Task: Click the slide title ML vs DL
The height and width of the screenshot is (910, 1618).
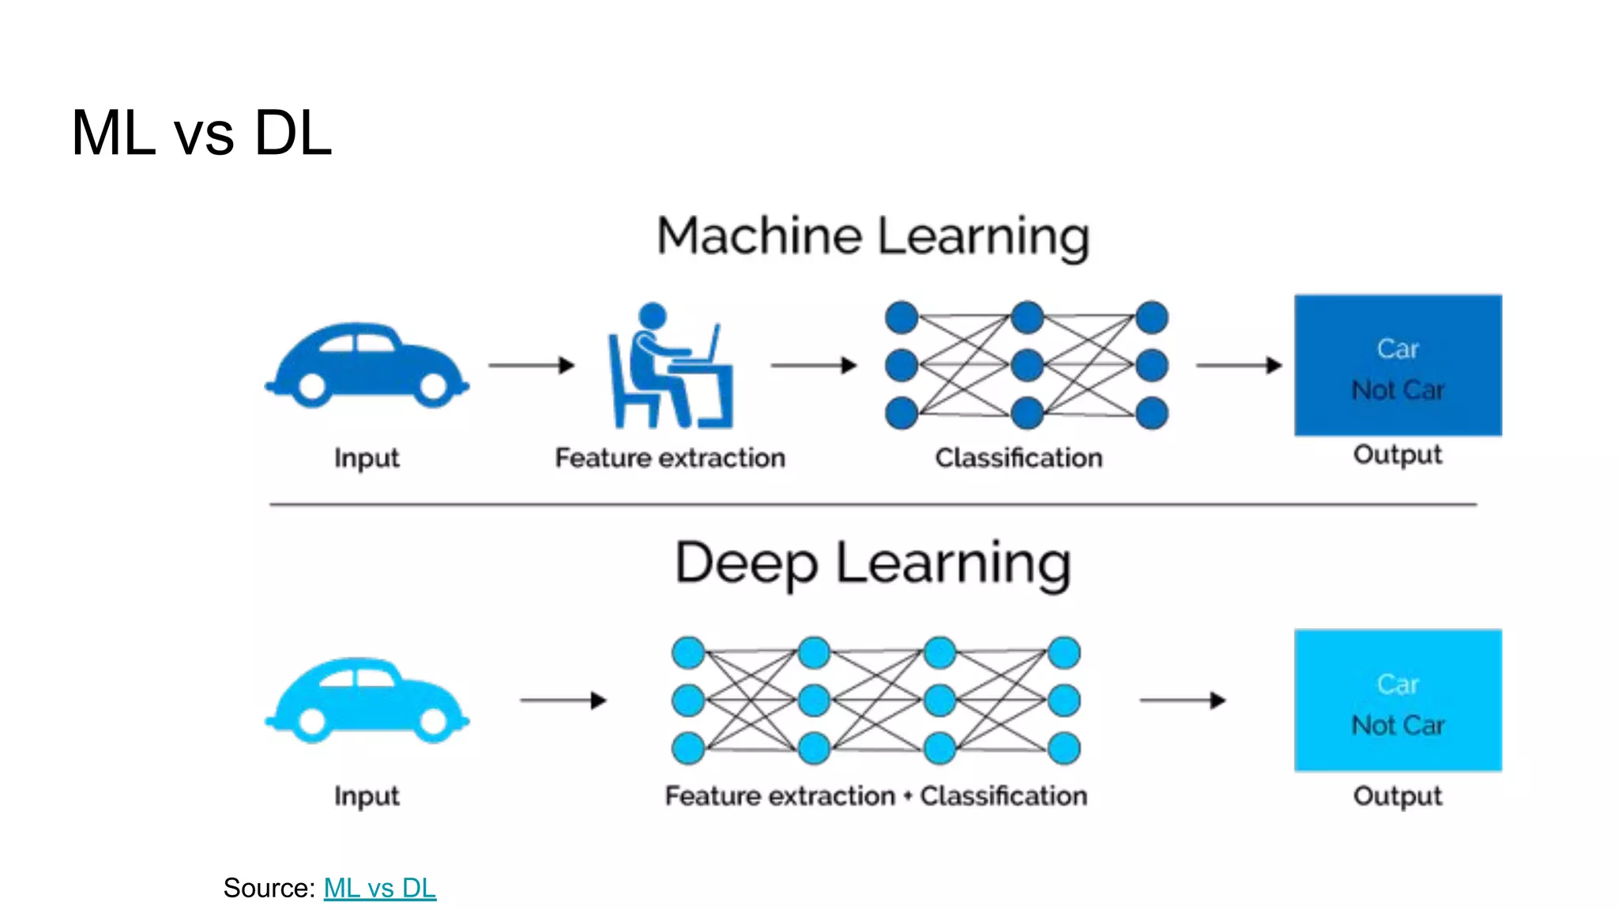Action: tap(201, 133)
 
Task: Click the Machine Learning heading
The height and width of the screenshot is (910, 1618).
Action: tap(873, 236)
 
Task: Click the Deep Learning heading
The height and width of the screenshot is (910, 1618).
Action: tap(873, 563)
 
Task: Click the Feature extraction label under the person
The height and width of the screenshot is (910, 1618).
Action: tap(670, 458)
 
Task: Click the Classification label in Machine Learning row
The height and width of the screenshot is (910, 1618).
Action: tap(1018, 458)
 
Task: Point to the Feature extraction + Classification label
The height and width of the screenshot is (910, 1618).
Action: tap(875, 796)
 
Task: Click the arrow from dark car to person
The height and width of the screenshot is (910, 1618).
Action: tap(531, 365)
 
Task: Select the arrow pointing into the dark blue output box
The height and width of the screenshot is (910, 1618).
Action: tap(1239, 365)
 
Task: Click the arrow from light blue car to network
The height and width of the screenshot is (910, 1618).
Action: tap(563, 700)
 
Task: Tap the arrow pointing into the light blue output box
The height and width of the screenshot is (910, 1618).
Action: tap(1183, 700)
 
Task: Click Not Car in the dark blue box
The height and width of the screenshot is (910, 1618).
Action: tap(1398, 390)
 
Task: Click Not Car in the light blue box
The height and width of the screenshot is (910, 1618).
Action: tap(1398, 725)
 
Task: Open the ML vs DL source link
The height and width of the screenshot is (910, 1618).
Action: tap(379, 888)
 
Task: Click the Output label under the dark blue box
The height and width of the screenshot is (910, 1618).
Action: tap(1398, 455)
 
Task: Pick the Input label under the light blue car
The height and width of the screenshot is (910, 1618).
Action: tap(367, 796)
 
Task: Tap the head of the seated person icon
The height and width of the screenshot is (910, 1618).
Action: tap(653, 315)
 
